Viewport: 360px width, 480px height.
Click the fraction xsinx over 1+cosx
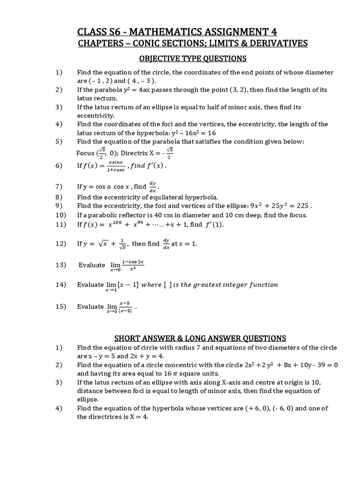(115, 165)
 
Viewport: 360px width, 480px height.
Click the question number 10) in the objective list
(60, 215)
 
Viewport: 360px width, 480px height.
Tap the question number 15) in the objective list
(60, 306)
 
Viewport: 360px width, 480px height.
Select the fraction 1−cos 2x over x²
(132, 265)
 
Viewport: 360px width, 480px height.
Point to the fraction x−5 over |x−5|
(125, 307)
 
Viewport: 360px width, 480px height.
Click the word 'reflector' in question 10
(132, 215)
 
